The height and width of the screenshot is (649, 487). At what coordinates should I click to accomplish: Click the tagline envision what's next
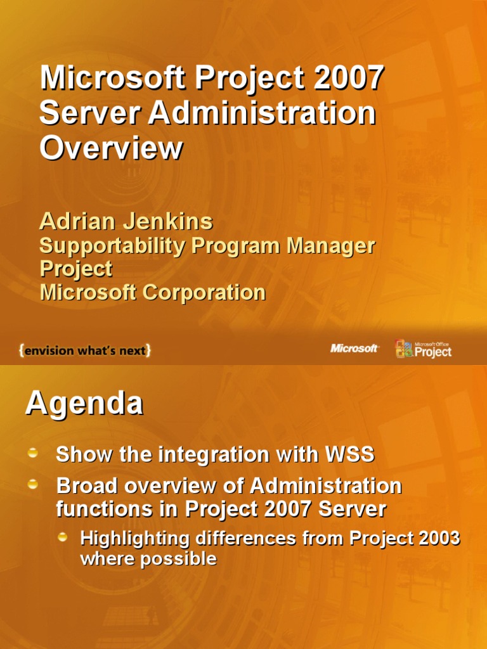(x=85, y=350)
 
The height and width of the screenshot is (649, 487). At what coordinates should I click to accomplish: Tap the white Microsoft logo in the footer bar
(x=354, y=349)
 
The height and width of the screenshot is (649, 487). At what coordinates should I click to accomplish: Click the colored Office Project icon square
(x=404, y=349)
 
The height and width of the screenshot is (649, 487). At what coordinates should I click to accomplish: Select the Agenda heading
(x=84, y=404)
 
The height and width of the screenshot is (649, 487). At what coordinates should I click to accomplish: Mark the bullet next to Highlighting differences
(x=63, y=537)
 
